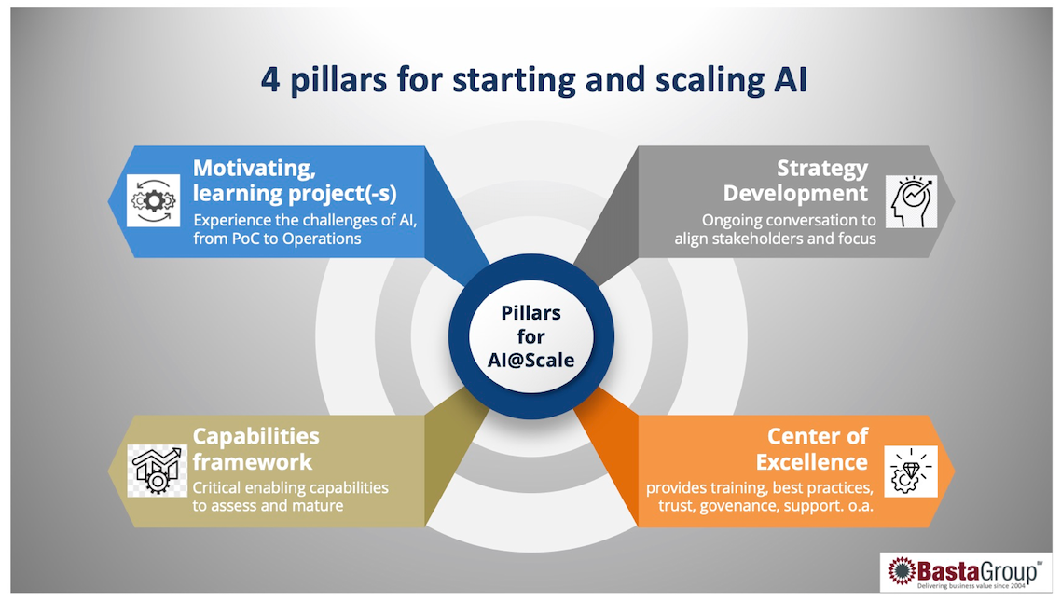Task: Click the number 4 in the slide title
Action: (270, 80)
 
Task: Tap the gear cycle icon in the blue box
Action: (154, 200)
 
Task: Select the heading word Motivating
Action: (255, 169)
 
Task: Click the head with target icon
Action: (912, 200)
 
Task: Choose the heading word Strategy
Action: (822, 169)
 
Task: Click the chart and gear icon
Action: (157, 471)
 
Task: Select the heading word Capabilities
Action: (255, 437)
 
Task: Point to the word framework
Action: (253, 462)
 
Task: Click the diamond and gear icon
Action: (911, 471)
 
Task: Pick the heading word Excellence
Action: (812, 462)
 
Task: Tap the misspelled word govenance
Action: (741, 506)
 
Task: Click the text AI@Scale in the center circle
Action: (531, 361)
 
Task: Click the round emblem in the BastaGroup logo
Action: (902, 571)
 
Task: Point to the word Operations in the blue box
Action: (322, 239)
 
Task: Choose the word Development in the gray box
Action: (796, 194)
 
